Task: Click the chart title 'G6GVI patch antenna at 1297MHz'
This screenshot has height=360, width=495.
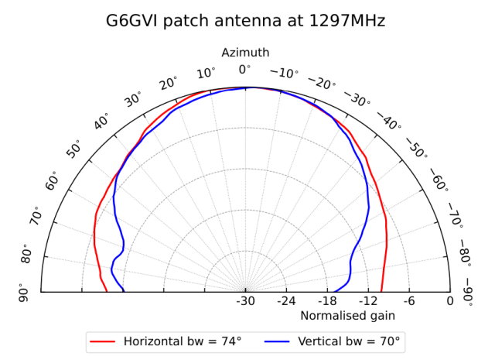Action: (245, 21)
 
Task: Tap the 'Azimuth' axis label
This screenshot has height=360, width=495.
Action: (245, 53)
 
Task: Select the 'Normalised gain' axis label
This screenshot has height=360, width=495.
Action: (347, 315)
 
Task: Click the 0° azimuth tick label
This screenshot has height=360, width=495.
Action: (245, 70)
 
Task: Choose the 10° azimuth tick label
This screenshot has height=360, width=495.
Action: (207, 74)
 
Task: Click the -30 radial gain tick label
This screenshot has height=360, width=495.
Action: (245, 302)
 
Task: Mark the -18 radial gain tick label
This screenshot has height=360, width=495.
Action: (327, 302)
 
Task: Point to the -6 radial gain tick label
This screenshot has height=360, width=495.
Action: (409, 302)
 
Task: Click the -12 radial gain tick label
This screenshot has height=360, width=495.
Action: (368, 302)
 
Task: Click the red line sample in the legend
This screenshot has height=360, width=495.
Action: (103, 341)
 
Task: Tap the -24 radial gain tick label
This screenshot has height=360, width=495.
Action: (286, 302)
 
